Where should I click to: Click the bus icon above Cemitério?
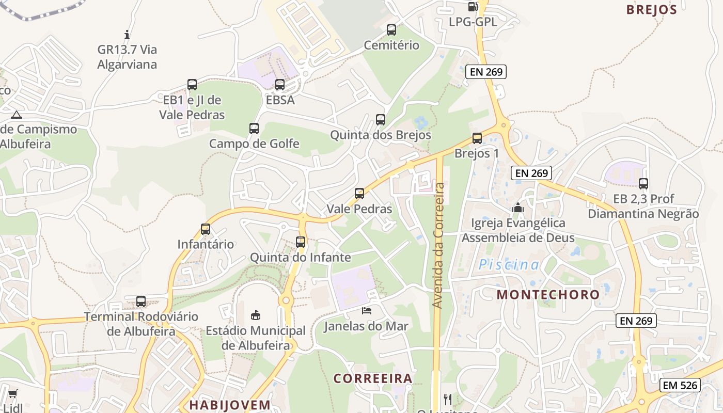tap(391, 30)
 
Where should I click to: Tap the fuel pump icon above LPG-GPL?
tap(473, 7)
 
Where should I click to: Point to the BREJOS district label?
tap(651, 10)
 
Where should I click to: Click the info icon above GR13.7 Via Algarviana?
tap(127, 35)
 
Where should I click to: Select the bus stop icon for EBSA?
tap(280, 85)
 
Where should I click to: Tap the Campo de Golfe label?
tap(254, 144)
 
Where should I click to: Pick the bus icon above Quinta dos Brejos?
tap(381, 120)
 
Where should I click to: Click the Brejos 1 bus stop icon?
tap(477, 138)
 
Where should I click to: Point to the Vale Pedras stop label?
tap(359, 209)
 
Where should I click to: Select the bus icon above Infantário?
tap(206, 229)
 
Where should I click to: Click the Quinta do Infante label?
tap(301, 257)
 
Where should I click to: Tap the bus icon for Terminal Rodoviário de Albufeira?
tap(141, 301)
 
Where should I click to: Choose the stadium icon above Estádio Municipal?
tap(256, 315)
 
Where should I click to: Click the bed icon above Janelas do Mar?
tap(367, 311)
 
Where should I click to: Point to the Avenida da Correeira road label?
tap(438, 245)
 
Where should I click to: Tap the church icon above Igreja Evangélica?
tap(517, 208)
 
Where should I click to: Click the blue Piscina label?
tap(509, 265)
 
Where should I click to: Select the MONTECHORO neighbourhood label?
tap(548, 295)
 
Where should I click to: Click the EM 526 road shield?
tap(680, 385)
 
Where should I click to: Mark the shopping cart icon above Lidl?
tap(13, 394)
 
